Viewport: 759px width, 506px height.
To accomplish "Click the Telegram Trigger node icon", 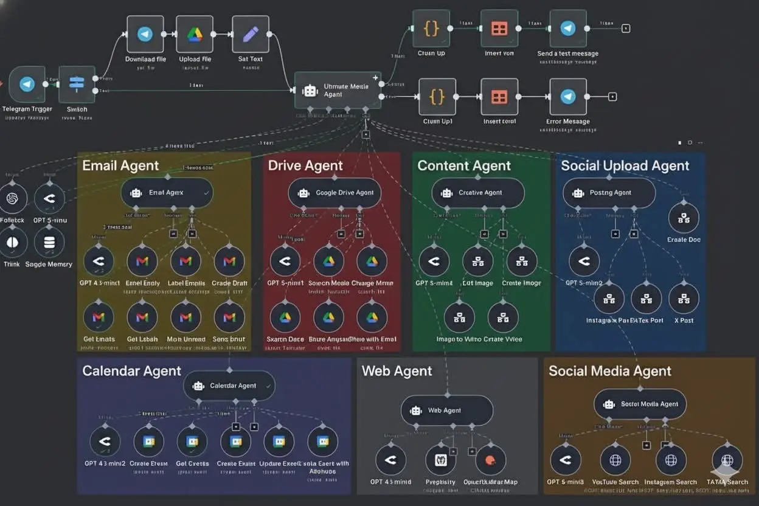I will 27,84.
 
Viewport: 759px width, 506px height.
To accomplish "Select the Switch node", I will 77,84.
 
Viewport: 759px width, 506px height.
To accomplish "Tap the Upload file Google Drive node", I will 195,34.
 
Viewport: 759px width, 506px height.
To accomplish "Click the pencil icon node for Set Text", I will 251,34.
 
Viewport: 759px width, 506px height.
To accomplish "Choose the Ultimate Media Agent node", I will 338,91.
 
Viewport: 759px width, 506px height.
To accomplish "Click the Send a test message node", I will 567,28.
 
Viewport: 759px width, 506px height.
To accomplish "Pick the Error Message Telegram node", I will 567,97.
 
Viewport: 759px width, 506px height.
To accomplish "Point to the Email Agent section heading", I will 120,165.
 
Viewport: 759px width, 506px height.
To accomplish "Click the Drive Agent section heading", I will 305,165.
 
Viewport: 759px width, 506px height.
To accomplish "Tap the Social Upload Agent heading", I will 625,165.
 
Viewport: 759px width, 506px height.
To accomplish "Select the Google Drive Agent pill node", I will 334,193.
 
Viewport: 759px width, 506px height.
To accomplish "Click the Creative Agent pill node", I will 477,193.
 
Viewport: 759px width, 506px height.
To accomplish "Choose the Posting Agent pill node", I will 609,193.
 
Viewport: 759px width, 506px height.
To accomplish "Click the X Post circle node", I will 684,299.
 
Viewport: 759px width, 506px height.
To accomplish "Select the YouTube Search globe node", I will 615,460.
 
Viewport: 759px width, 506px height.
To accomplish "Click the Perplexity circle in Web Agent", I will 441,460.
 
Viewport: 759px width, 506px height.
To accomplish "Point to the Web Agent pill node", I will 446,411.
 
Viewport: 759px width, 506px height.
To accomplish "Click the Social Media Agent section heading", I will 609,371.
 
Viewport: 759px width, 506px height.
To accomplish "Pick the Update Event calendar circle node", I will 279,442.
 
